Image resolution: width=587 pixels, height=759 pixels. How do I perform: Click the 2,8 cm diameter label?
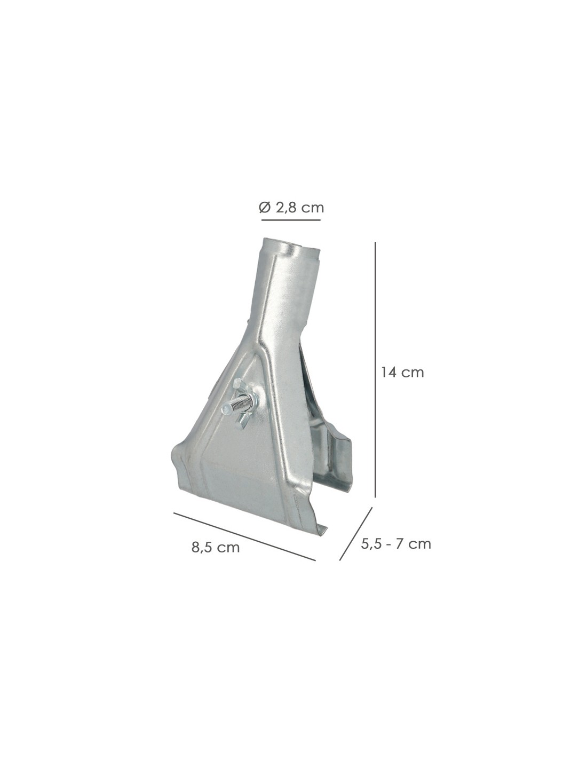[300, 208]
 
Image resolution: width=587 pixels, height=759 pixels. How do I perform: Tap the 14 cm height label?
[402, 373]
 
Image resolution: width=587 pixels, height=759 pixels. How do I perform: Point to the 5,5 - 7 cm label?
[396, 544]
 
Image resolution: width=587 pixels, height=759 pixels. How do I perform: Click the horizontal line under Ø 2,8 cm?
[291, 220]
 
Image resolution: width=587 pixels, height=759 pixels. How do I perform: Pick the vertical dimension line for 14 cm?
[376, 369]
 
